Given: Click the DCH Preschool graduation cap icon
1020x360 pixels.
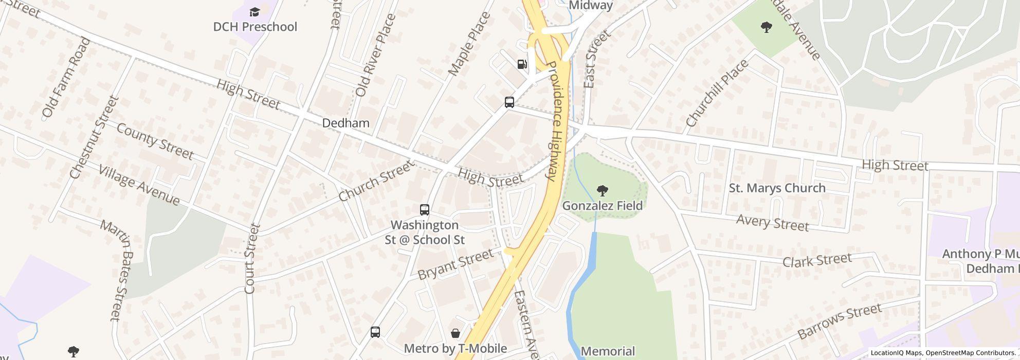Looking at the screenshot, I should point(254,12).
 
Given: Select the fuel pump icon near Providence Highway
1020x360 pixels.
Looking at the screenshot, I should point(522,64).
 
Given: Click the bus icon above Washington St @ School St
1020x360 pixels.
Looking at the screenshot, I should point(425,210).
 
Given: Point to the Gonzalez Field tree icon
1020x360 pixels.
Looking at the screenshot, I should point(602,191).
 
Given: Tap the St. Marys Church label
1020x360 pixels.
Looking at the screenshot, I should point(777,188).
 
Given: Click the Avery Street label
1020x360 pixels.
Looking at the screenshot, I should point(772,223).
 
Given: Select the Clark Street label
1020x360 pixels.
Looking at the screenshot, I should point(817,260).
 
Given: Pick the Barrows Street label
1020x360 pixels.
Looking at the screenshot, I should point(840,321).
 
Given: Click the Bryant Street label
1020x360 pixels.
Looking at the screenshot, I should point(456,264).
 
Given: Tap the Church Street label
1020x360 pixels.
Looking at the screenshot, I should point(376,181).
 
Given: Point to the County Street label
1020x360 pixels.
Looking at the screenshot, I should point(155,141).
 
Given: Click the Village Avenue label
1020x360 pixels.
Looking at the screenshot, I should point(139,185).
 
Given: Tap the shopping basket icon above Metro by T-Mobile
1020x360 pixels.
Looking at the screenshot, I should point(455,333).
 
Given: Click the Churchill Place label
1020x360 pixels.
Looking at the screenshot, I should point(717,93).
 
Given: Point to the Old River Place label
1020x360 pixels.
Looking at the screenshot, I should point(376,55).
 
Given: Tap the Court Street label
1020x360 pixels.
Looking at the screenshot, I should point(250,259).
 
